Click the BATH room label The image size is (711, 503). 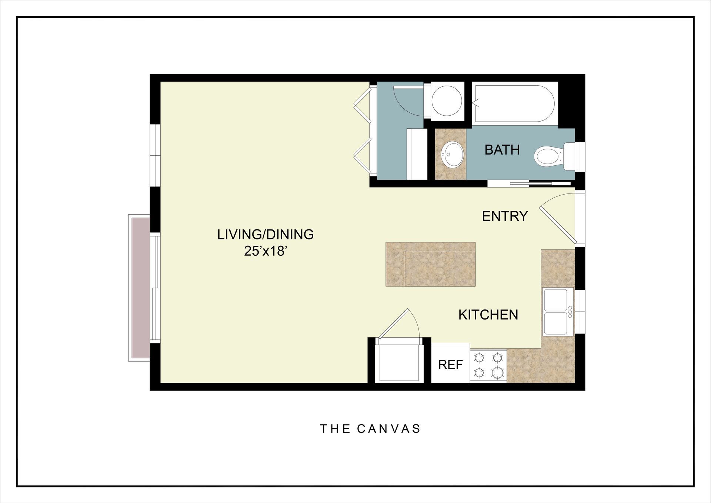click(502, 150)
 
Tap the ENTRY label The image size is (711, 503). click(505, 216)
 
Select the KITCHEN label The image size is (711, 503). click(488, 315)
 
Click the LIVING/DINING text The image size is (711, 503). click(265, 234)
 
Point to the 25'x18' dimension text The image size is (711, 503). click(265, 251)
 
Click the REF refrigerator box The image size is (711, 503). click(450, 364)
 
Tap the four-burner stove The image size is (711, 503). click(488, 365)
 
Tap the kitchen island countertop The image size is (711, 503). click(430, 264)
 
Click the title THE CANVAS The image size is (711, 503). click(370, 429)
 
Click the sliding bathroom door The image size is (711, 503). click(530, 183)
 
